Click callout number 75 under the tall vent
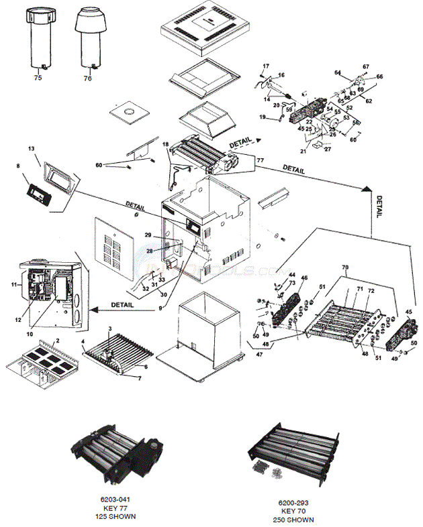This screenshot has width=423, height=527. [x=38, y=78]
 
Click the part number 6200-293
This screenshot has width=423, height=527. [x=293, y=503]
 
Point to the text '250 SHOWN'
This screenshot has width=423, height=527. [x=293, y=520]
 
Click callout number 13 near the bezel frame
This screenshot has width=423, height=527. [x=31, y=148]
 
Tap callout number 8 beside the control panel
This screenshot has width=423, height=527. [x=18, y=165]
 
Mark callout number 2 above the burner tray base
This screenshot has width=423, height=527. [x=58, y=341]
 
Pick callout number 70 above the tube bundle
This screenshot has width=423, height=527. [x=346, y=268]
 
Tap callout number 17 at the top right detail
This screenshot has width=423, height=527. [x=266, y=66]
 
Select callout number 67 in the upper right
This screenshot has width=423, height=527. [x=366, y=67]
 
